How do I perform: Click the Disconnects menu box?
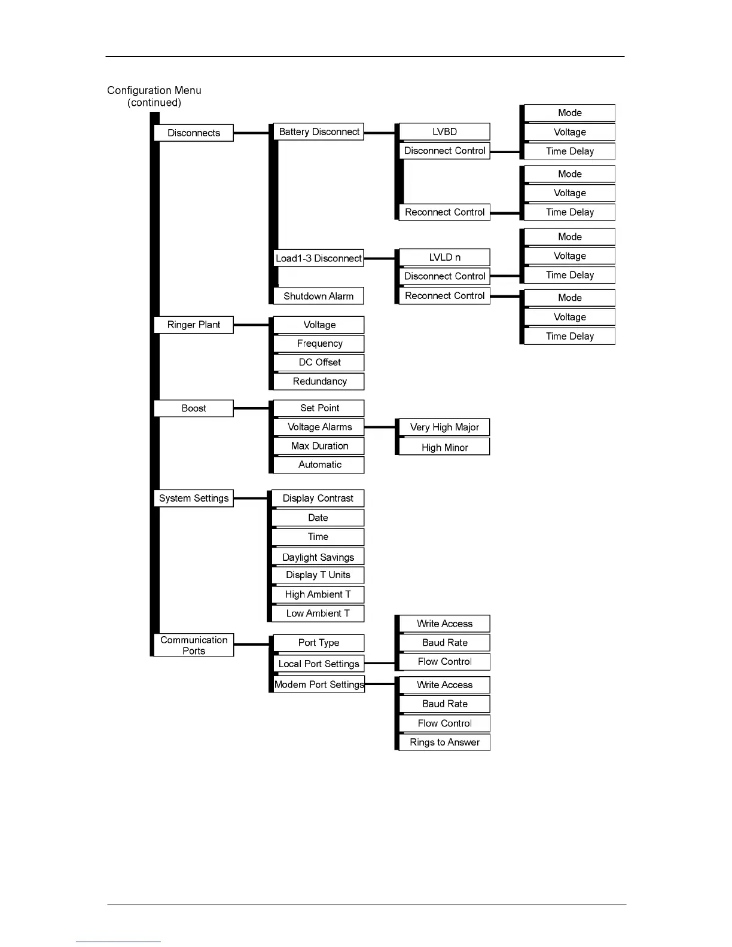tap(193, 133)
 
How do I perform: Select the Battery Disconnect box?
tap(319, 132)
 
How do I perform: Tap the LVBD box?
tap(444, 132)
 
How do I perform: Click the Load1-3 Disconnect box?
tap(319, 258)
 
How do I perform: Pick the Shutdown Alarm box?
tap(319, 296)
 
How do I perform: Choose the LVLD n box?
tap(444, 257)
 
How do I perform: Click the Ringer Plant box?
tap(193, 325)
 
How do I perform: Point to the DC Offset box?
tap(319, 362)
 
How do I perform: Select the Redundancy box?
tap(319, 381)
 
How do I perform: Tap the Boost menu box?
tap(193, 408)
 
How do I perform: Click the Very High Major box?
tap(444, 427)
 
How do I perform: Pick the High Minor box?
tap(444, 447)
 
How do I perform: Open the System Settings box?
tap(193, 498)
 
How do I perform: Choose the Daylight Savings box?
tap(318, 557)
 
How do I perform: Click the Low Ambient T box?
tap(318, 613)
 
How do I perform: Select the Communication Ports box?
tap(193, 645)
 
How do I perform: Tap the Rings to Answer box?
tap(444, 742)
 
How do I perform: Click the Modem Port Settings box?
tap(319, 685)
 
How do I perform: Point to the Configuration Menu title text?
tap(154, 90)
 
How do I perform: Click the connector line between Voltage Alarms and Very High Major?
tap(379, 427)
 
